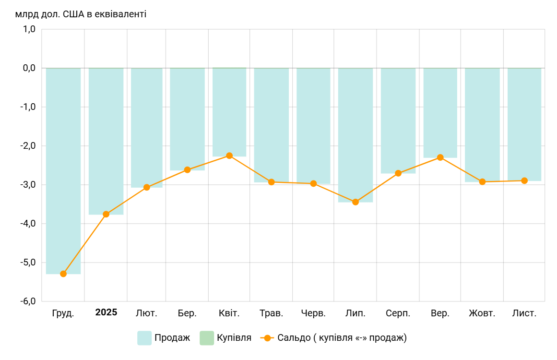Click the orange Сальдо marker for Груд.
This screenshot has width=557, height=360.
pos(63,274)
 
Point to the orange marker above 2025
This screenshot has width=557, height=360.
pos(106,214)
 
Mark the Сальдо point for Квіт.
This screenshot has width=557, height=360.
pos(229,156)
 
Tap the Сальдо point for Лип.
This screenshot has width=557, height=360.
pos(356,202)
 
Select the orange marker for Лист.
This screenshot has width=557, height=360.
pos(524,180)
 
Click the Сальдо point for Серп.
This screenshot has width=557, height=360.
pos(398,173)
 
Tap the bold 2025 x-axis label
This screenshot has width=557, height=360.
pos(106,312)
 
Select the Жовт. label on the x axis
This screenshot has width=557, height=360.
pos(482,313)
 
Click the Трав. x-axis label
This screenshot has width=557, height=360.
pos(272,313)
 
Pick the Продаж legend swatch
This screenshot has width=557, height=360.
pos(144,338)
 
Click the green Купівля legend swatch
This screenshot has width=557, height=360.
pos(207,338)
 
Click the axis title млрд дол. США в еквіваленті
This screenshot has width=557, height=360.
pos(81,14)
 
